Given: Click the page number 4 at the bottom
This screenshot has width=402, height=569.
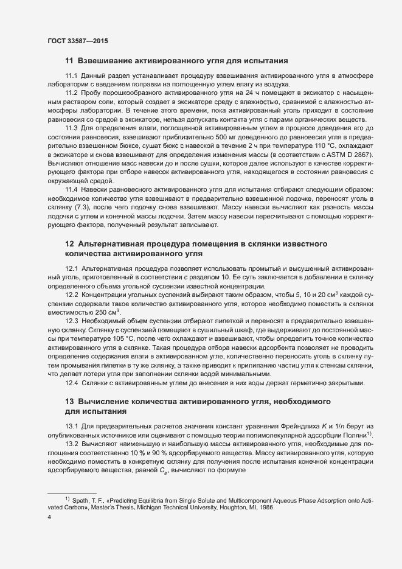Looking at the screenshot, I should tap(49, 517).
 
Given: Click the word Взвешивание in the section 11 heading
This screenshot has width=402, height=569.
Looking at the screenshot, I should tap(108, 60).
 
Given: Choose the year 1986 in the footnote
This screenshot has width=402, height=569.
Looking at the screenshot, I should tap(265, 507).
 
